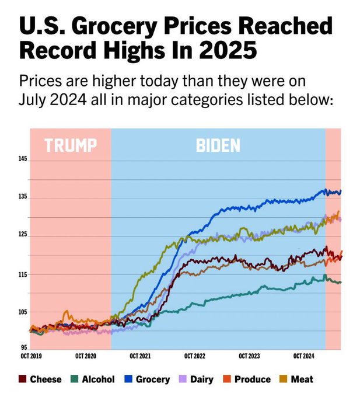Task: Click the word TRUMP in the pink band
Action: [x=70, y=145]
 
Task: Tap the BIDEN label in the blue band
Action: [x=218, y=145]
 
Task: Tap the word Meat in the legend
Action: [x=302, y=379]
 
